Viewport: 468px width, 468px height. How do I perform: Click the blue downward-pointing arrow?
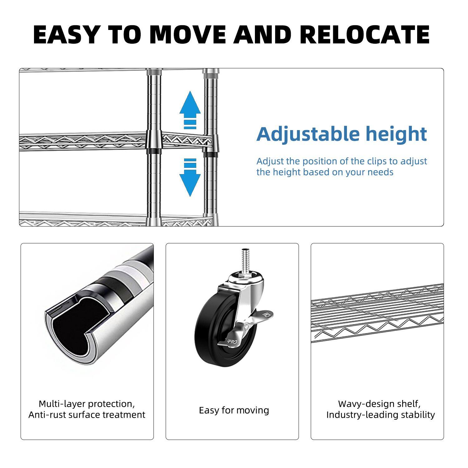click(190, 179)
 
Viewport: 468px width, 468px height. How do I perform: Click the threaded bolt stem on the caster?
click(245, 259)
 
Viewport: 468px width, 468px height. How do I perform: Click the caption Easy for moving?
click(234, 410)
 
